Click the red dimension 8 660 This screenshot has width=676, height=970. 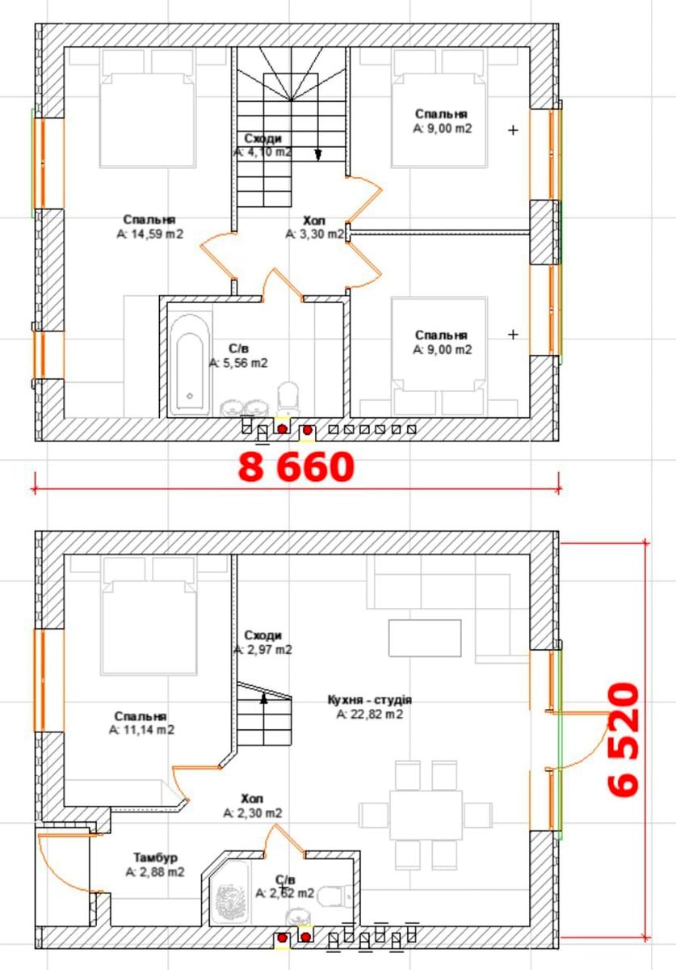point(295,467)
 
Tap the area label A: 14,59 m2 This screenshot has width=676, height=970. point(149,234)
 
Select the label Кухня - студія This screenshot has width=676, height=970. point(370,700)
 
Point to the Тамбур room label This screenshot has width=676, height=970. point(155,858)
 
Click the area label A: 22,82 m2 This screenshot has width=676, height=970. point(370,714)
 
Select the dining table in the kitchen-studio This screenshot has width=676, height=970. point(426,815)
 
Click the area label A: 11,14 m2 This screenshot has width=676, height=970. point(141,730)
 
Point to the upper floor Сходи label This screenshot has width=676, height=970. point(263,138)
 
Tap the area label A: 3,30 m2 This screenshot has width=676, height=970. point(315,234)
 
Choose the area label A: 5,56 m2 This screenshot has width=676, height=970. point(238,364)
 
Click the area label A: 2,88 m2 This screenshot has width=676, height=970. point(155,872)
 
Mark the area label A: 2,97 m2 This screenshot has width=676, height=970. point(263,649)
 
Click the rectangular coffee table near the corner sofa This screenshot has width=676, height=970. point(425,638)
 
